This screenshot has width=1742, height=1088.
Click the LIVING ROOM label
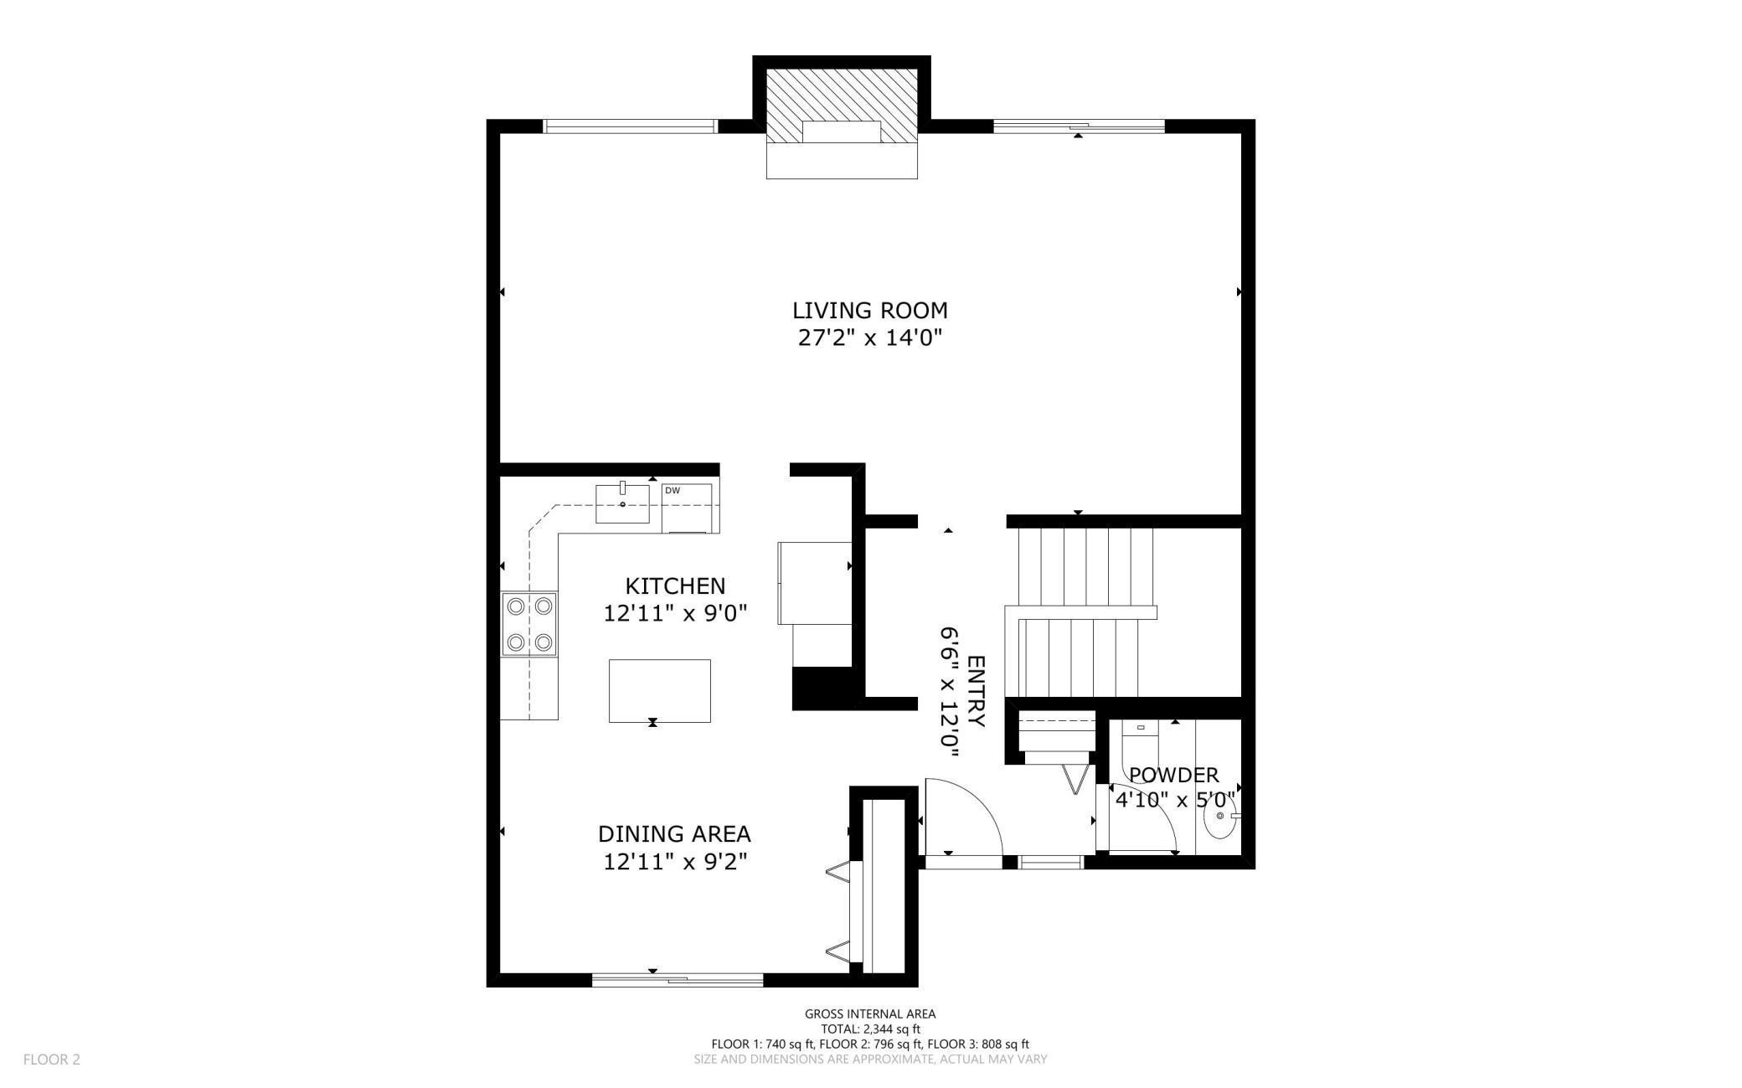point(870,311)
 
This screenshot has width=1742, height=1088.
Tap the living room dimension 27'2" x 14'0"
point(870,338)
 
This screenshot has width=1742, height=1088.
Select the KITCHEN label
point(675,585)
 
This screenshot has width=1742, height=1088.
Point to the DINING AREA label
point(674,834)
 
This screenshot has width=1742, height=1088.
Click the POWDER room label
point(1174,775)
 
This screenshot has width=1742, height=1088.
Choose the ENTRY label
point(976,691)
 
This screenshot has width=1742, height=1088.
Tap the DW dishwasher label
point(673,491)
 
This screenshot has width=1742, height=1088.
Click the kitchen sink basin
point(622,503)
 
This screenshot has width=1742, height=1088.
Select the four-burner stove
point(529,623)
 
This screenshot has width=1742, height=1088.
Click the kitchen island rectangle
point(660,691)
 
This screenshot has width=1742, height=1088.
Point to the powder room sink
point(1223,816)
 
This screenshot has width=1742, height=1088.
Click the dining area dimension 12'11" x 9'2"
point(675,862)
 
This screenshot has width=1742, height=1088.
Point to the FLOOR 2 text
point(52,1060)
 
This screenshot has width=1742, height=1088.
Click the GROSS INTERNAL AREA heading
point(870,1014)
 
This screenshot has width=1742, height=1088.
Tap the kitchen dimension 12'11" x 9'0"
point(675,614)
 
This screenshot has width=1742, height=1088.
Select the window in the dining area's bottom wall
point(678,979)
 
